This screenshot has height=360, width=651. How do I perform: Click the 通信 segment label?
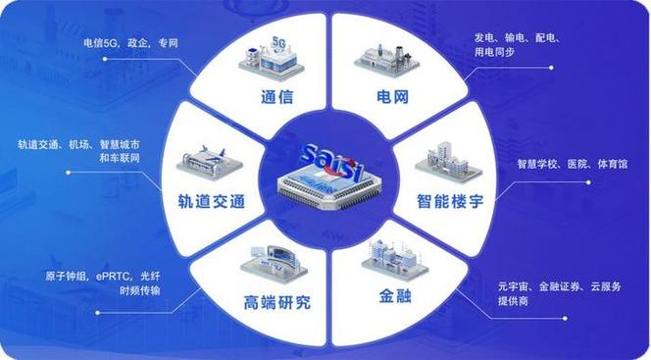point(276,97)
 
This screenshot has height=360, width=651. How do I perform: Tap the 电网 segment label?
point(393,97)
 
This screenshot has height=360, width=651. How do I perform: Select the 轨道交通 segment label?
point(212,201)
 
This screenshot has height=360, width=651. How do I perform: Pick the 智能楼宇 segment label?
point(450,201)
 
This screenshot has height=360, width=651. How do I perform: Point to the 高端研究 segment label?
point(276,302)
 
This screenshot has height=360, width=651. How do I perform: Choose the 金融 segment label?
point(395,296)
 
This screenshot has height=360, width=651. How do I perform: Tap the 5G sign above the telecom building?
point(278,42)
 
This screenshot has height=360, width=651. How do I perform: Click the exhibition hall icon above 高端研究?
point(275,264)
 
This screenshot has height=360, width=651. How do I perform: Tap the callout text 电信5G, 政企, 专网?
point(130,43)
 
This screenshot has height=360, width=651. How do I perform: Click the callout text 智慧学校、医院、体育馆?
point(573,164)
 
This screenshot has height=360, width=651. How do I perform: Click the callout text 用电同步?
point(495,52)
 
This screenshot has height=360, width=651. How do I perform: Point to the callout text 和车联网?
point(120,158)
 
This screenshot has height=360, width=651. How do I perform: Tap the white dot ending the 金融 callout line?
point(565,319)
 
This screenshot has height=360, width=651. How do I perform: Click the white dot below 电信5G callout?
point(105,59)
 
